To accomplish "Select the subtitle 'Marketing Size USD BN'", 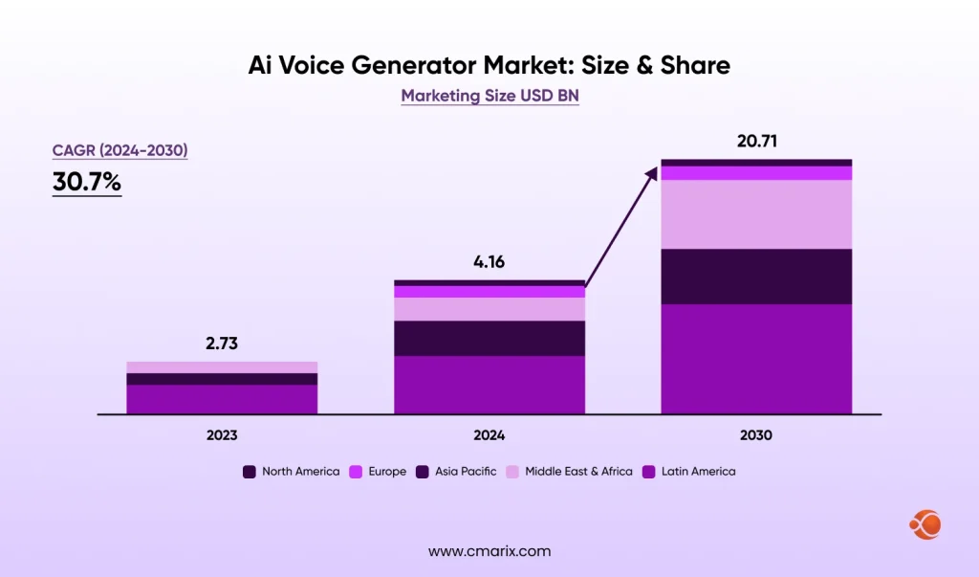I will click(489, 96).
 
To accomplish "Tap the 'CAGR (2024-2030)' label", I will click(120, 150).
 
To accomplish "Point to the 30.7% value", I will click(87, 182).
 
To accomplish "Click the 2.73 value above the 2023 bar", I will click(222, 344).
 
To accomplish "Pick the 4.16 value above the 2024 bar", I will click(489, 261).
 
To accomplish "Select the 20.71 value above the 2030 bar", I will click(756, 141).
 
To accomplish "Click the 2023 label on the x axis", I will click(222, 434).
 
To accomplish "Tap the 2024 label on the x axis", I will click(489, 434).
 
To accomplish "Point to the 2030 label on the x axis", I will click(756, 434).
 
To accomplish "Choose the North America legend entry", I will click(292, 472).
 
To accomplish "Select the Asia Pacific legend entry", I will click(456, 472).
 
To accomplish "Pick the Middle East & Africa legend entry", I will click(570, 472).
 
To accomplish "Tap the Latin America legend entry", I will click(688, 472).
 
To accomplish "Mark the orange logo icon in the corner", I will click(925, 523).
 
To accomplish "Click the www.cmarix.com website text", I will click(489, 551).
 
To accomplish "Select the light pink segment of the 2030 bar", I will click(756, 214).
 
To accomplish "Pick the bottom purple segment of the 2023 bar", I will click(222, 399).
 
